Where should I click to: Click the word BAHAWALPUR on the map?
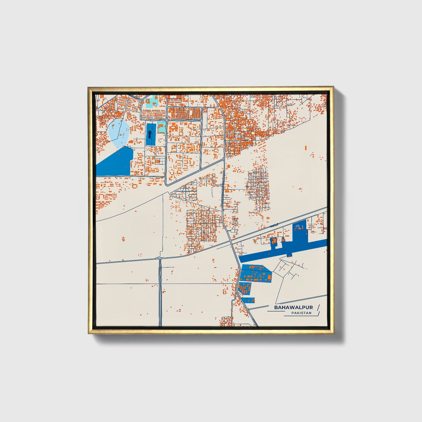(x=294, y=308)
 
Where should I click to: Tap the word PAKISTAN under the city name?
(x=301, y=313)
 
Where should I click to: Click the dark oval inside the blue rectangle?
(x=150, y=135)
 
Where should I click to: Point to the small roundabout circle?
(x=166, y=120)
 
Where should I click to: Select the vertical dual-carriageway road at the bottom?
(x=160, y=292)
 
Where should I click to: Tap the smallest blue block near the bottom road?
(x=250, y=300)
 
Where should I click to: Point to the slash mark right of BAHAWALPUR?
(x=318, y=308)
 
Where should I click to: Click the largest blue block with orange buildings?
(x=255, y=273)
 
